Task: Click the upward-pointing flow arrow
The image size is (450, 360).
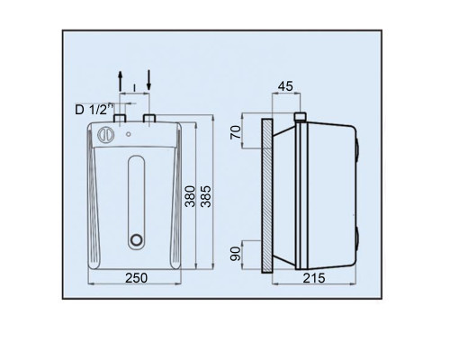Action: (120, 81)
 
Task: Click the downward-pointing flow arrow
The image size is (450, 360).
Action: (149, 80)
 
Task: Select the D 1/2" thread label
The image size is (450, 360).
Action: (94, 109)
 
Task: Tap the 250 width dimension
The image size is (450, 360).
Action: (136, 278)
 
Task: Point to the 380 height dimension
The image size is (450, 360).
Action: (190, 196)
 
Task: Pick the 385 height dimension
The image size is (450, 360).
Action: (206, 196)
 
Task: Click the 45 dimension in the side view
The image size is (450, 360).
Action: (285, 86)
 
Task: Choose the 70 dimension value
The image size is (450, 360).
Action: (236, 132)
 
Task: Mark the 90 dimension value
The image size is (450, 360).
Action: (236, 254)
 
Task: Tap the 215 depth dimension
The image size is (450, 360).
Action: (314, 278)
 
